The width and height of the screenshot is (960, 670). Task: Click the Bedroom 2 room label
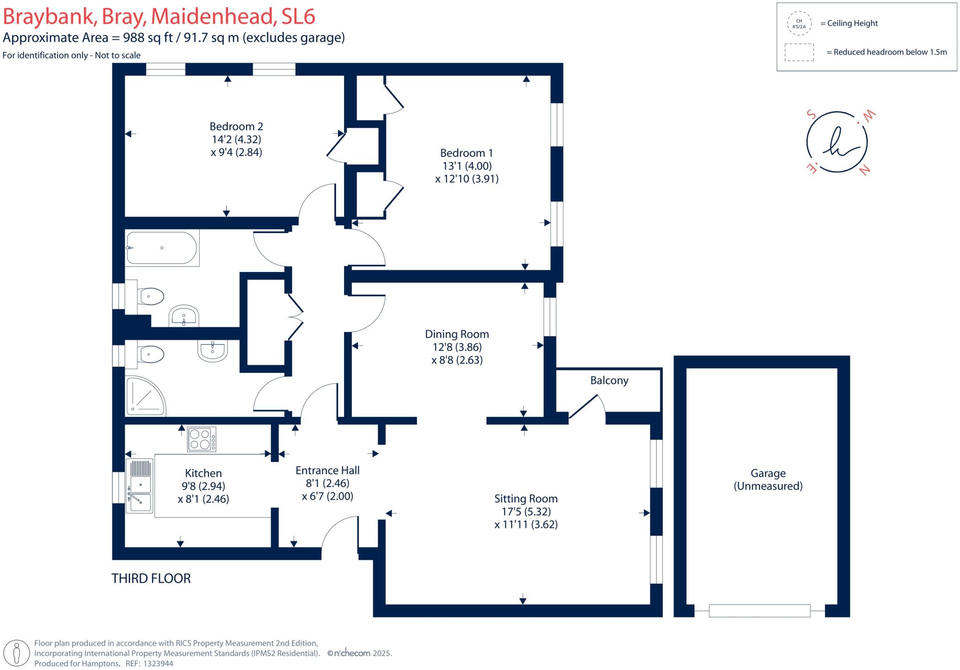click(236, 127)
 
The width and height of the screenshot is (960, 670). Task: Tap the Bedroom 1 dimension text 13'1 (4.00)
click(467, 166)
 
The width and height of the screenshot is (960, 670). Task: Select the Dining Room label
click(457, 334)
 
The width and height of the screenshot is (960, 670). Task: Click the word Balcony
click(609, 380)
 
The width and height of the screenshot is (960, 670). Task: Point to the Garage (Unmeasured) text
click(768, 480)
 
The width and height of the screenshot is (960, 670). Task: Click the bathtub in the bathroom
click(161, 248)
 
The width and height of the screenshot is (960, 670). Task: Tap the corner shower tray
click(145, 397)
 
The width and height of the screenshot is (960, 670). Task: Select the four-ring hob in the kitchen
click(202, 439)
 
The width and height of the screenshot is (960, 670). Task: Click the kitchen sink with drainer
click(140, 486)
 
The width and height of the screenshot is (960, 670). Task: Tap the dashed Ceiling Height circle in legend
click(799, 23)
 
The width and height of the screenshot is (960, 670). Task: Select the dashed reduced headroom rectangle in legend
click(799, 52)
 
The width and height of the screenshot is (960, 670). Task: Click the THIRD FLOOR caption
click(151, 579)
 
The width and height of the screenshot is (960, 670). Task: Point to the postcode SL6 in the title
click(298, 16)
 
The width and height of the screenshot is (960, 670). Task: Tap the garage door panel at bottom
click(759, 610)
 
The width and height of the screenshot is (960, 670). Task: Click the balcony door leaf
click(583, 407)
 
